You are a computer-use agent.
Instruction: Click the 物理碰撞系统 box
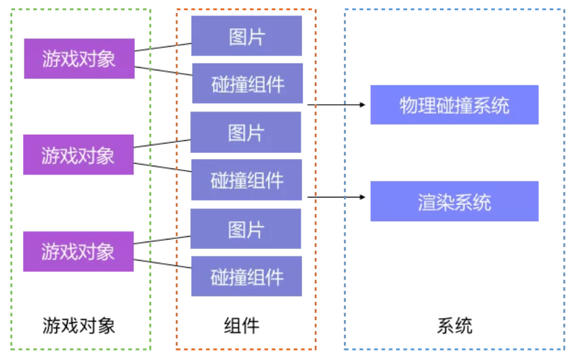tap(454, 105)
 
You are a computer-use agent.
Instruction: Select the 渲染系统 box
tap(454, 201)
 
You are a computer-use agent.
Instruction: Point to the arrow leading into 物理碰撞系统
tap(337, 105)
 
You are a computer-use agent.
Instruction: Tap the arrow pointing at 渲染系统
tap(337, 197)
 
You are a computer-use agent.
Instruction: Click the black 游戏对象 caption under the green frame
tap(79, 326)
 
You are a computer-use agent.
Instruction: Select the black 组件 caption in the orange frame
tap(242, 326)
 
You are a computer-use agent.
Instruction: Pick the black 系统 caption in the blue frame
tap(454, 326)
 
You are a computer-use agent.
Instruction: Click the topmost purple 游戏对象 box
tap(79, 58)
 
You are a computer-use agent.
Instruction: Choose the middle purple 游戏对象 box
tap(79, 154)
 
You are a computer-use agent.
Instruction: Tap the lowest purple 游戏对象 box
tap(79, 252)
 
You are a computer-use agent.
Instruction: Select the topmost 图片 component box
tap(246, 36)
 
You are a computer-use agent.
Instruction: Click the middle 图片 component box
tap(246, 132)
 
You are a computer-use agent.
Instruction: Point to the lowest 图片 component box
tap(246, 229)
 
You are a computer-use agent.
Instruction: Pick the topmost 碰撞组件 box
tap(248, 83)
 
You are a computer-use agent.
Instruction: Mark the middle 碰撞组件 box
tap(246, 180)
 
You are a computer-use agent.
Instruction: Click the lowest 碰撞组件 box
tap(246, 276)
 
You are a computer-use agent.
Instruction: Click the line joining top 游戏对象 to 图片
tap(163, 47)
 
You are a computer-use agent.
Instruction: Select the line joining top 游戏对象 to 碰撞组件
tap(163, 71)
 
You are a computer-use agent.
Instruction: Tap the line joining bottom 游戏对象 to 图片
tap(163, 240)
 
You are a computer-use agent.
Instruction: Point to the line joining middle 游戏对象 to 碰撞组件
tap(163, 167)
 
